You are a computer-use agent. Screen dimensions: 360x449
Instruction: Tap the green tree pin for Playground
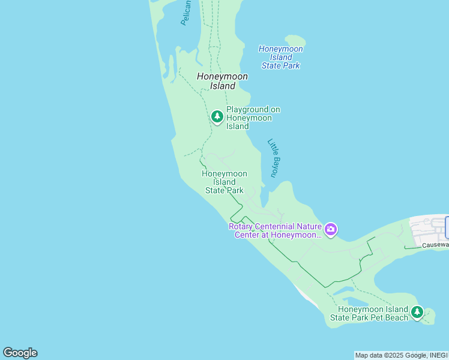coord(217,116)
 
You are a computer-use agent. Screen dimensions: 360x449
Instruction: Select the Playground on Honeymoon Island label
coord(253,118)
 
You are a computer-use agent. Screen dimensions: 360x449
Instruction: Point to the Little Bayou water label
coord(274,158)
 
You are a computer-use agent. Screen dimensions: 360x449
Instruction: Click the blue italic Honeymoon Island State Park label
coord(280,57)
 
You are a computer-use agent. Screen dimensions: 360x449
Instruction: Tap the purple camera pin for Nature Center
coord(330,229)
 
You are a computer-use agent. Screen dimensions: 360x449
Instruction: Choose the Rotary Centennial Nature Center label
coord(276,230)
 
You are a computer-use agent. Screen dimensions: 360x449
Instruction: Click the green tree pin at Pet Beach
coord(417,312)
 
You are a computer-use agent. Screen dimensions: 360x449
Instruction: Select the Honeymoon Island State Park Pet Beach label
coord(369,313)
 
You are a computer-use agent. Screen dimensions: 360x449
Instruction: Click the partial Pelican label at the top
coord(186,13)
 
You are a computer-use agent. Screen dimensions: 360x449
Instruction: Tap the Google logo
coord(20,353)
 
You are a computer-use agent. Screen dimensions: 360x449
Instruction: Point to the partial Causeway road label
coord(435,245)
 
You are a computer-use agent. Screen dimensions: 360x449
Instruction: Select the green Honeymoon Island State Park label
coord(224,182)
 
